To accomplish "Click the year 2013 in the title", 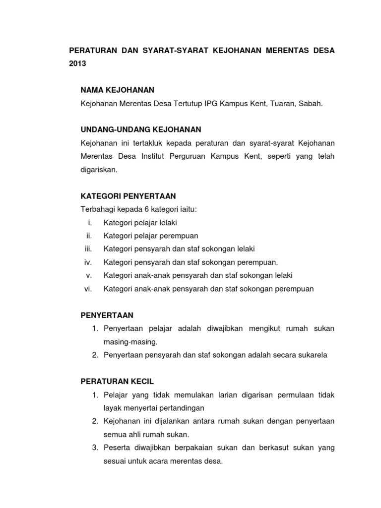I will pyautogui.click(x=77, y=64).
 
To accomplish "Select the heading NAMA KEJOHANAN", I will pyautogui.click(x=118, y=90).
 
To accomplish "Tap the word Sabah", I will pyautogui.click(x=312, y=103).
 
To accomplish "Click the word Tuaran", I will pyautogui.click(x=283, y=103).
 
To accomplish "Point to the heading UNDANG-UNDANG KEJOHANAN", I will pyautogui.click(x=141, y=129).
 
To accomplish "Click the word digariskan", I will pyautogui.click(x=99, y=169).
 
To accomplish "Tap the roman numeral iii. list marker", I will pyautogui.click(x=89, y=249).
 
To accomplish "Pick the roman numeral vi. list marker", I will pyautogui.click(x=89, y=289).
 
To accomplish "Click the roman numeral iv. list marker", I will pyautogui.click(x=88, y=262).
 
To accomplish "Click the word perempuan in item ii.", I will pyautogui.click(x=181, y=236).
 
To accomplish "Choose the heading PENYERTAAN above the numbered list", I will pyautogui.click(x=107, y=315).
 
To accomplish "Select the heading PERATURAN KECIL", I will pyautogui.click(x=118, y=381).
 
